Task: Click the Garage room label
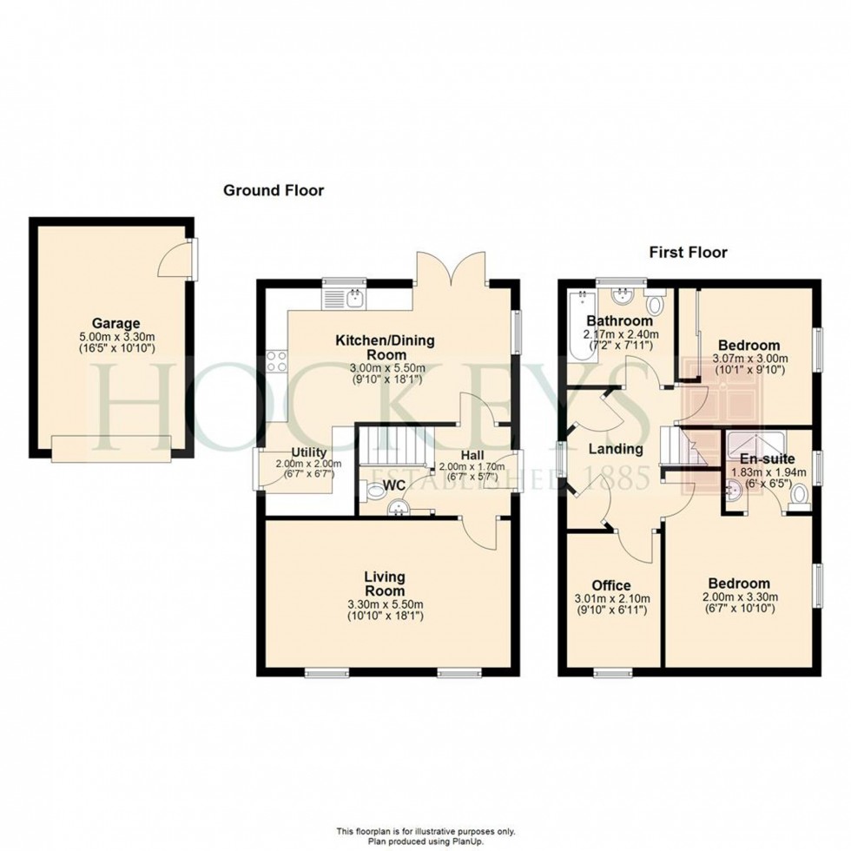tap(115, 323)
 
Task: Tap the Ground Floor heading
tap(274, 190)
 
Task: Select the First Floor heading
tap(688, 253)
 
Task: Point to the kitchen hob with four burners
tap(277, 361)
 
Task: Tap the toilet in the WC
tap(372, 491)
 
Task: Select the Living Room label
tap(384, 584)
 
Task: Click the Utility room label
tap(309, 452)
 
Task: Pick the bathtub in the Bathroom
tap(583, 325)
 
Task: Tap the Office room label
tap(611, 585)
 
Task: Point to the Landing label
tap(616, 449)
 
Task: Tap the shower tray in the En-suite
tap(755, 442)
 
